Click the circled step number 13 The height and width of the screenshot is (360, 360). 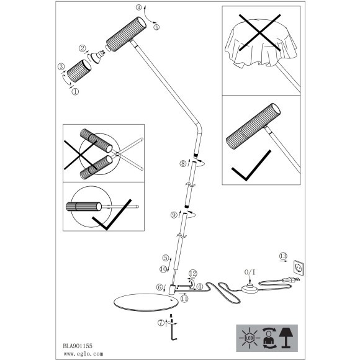click(x=283, y=256)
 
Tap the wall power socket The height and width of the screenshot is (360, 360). click(x=299, y=268)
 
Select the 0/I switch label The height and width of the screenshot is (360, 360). click(x=250, y=272)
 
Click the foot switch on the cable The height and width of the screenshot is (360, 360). click(x=250, y=289)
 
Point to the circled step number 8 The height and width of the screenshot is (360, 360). click(x=183, y=163)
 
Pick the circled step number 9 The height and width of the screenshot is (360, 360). click(x=174, y=215)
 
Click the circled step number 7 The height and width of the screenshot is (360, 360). click(x=161, y=323)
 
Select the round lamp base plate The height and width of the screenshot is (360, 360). click(x=146, y=302)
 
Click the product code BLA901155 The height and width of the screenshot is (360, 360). click(x=78, y=346)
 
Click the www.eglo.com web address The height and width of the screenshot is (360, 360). click(x=83, y=354)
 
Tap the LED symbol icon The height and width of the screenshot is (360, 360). click(x=250, y=338)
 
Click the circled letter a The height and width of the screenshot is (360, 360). click(x=138, y=7)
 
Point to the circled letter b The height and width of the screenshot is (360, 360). click(x=156, y=27)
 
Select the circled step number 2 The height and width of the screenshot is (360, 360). click(x=83, y=48)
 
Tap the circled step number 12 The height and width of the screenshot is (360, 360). click(x=193, y=274)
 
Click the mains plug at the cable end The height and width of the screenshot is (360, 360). click(x=291, y=279)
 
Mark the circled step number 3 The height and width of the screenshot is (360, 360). click(x=61, y=66)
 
